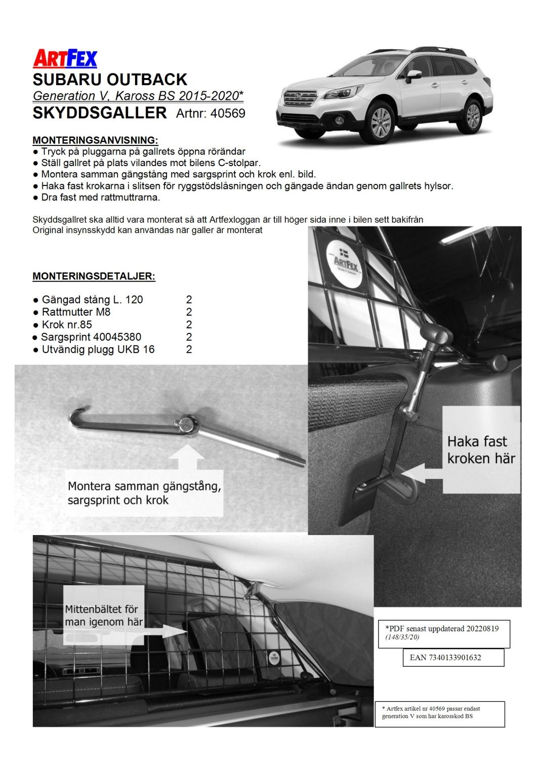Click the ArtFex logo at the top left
[65, 59]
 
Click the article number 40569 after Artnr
[228, 113]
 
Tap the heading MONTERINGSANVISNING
[95, 140]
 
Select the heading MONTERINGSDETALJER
[94, 277]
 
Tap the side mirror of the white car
[414, 77]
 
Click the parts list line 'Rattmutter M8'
[76, 312]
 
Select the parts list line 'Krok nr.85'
[67, 325]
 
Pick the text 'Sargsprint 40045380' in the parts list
[91, 337]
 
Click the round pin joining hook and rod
[188, 425]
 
